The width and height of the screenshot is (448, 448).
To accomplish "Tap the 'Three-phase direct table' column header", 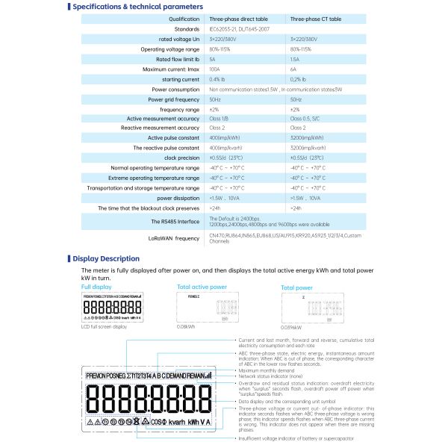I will click(x=237, y=19).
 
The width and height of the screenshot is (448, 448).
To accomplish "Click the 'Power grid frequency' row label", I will click(x=173, y=99).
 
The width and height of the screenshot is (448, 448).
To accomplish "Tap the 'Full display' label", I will click(x=96, y=286).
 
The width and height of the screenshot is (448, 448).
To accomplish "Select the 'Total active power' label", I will click(x=202, y=286).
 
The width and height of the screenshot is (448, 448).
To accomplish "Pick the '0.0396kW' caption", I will click(x=291, y=326).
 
